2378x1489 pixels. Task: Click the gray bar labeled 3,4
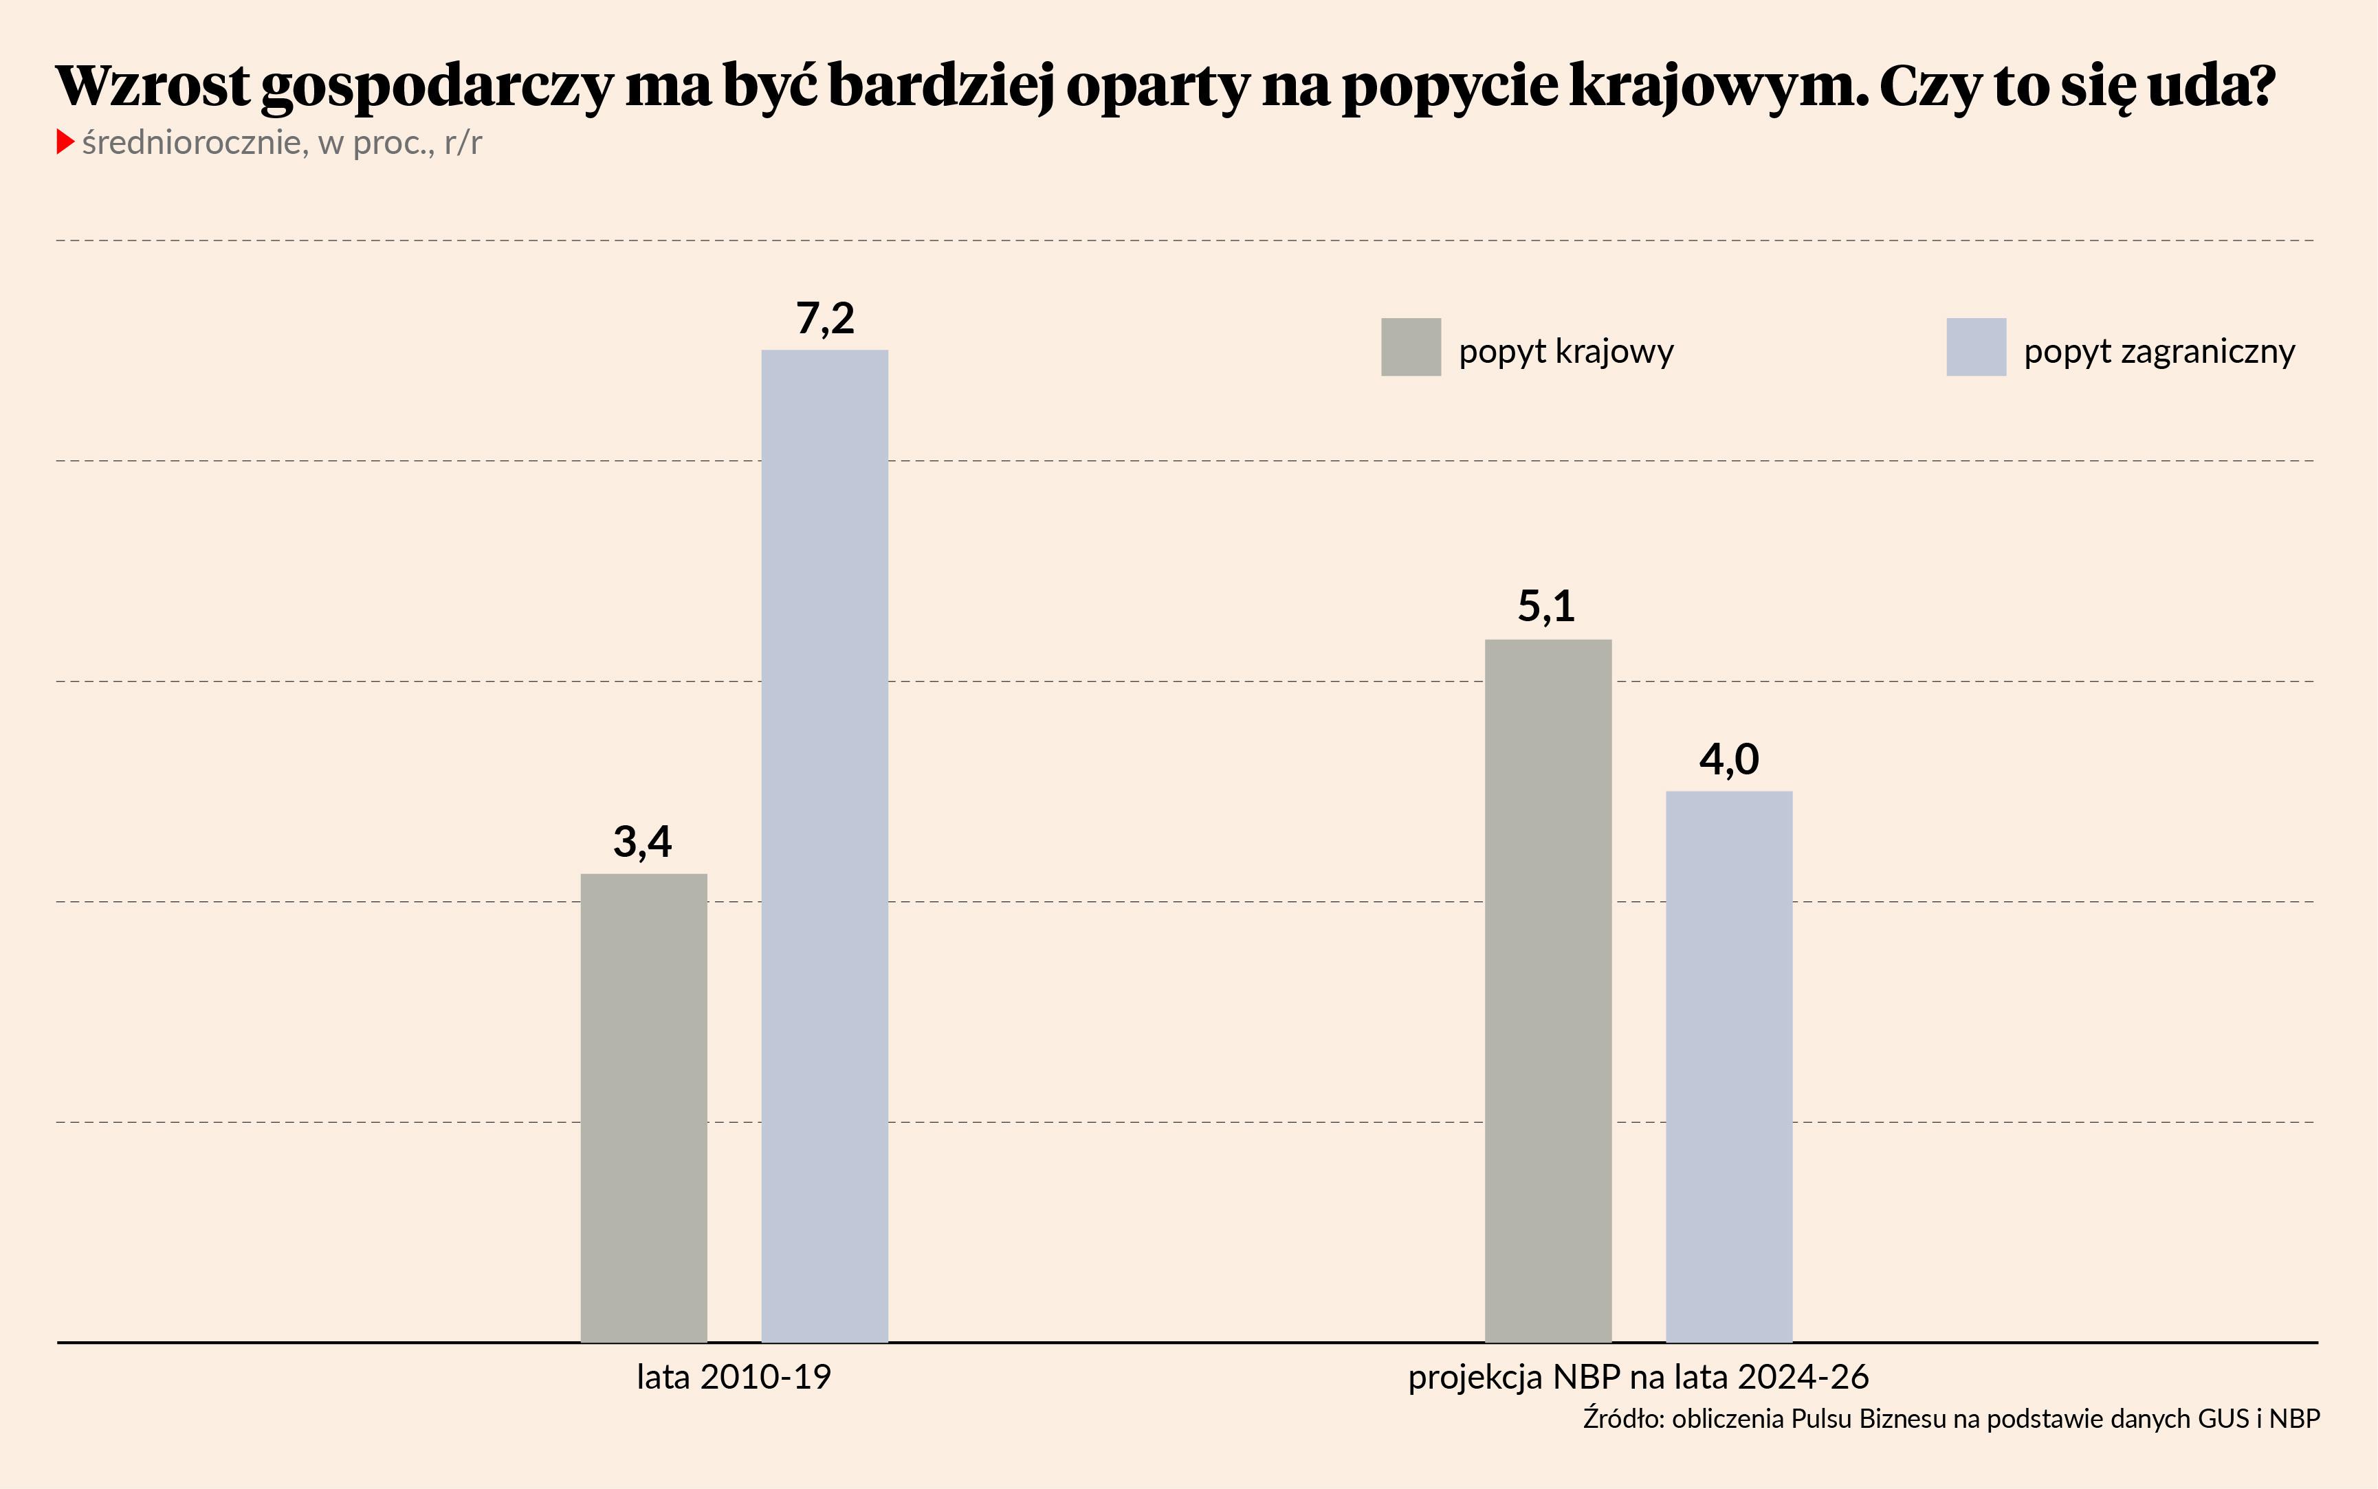(643, 1107)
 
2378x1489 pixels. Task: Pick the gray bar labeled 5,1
(1548, 989)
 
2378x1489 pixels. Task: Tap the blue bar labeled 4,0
(1729, 1066)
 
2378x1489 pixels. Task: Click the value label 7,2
(824, 318)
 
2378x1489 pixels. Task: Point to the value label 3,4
(642, 842)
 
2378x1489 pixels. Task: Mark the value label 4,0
(1729, 759)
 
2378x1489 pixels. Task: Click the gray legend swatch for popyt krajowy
(1411, 346)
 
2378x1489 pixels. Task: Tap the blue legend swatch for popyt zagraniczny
(1976, 346)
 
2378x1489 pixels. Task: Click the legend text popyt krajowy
(1565, 352)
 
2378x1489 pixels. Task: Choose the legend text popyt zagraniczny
(2159, 352)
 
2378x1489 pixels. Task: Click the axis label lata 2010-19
(734, 1377)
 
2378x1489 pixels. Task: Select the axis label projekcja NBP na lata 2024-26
(1638, 1377)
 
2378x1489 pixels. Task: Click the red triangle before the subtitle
(65, 142)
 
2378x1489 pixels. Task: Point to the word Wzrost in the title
(153, 86)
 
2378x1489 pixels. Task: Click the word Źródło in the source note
(1622, 1419)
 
